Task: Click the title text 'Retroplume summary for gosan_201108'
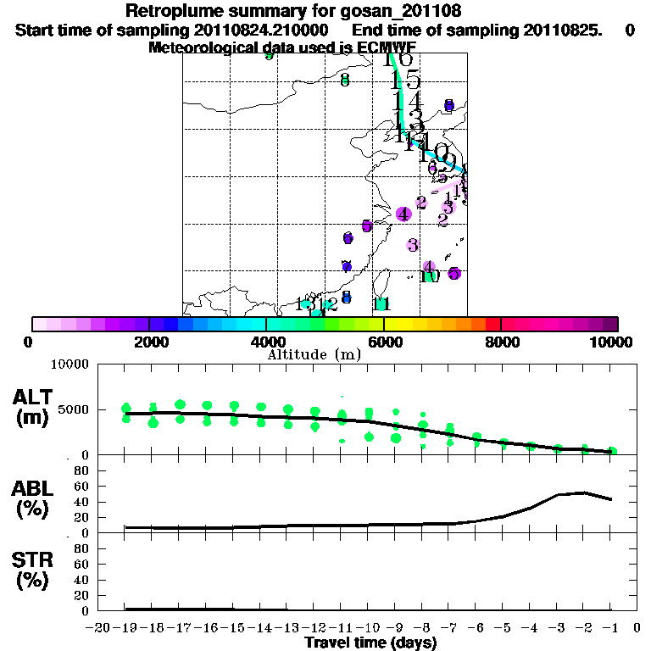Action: coord(292,11)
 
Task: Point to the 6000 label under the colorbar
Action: coord(384,342)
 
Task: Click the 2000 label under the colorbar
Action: coord(149,342)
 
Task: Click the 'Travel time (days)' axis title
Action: coord(370,643)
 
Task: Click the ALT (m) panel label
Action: coord(33,406)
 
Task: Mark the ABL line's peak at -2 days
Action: coord(583,492)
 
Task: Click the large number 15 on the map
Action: coord(405,80)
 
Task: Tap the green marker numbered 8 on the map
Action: coord(344,81)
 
